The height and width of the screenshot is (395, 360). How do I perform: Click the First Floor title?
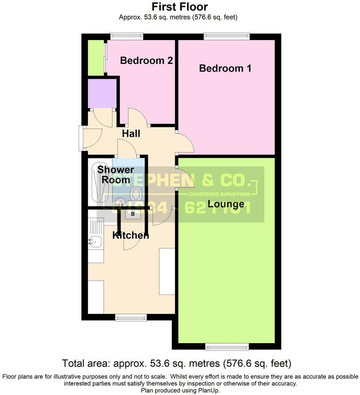point(180,6)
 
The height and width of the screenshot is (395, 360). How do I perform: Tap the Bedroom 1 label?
point(225,69)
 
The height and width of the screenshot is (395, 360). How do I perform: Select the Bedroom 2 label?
point(146,61)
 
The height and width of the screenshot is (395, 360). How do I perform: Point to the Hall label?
point(131,133)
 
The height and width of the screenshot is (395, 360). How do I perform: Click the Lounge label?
point(226,204)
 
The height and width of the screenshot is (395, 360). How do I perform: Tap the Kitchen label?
point(131,235)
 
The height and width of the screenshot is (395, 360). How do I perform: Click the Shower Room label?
point(113,175)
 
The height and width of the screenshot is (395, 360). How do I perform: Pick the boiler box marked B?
point(132,214)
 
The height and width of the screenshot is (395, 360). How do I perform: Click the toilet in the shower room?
point(136,194)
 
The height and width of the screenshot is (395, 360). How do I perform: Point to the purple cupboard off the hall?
point(102,93)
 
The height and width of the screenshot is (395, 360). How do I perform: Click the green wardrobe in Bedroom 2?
point(95,57)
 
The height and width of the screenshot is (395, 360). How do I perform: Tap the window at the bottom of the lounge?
point(227,346)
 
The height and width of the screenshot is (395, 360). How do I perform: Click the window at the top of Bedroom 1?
point(227,36)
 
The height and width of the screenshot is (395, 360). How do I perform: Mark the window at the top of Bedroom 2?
point(127,36)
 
